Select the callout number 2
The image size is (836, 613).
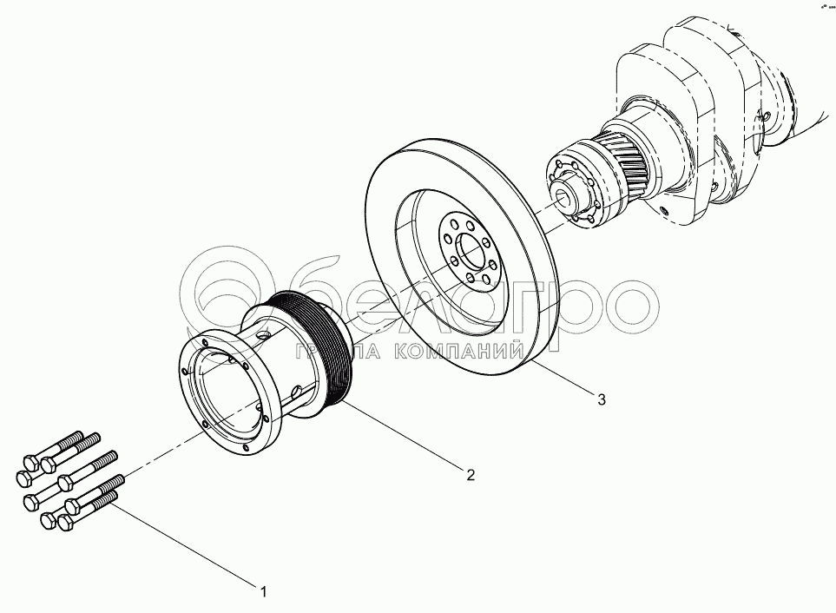pyautogui.click(x=470, y=474)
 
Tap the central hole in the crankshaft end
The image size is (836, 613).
pyautogui.click(x=571, y=195)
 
